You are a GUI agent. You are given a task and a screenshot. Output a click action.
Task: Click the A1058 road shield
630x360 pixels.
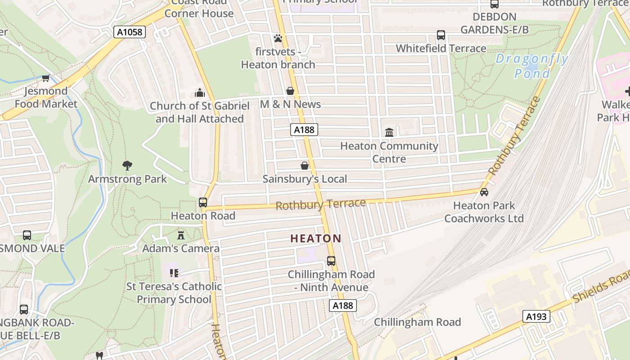point(130,32)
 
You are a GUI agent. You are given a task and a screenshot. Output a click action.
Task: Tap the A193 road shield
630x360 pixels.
point(536,316)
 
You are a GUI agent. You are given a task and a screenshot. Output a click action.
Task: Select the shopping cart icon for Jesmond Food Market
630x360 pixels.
point(45,78)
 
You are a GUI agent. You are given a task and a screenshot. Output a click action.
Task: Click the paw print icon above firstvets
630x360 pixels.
point(278,39)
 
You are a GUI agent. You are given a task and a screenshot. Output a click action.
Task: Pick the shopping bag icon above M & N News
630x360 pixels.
point(290,91)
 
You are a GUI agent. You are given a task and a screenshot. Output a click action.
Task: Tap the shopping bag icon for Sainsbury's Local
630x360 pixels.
point(305,166)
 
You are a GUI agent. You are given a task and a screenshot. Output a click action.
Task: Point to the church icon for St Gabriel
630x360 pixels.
point(199,93)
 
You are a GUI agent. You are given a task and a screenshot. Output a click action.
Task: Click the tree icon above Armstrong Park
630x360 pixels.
point(127,166)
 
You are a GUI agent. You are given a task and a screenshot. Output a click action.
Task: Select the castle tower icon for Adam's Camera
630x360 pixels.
point(181,235)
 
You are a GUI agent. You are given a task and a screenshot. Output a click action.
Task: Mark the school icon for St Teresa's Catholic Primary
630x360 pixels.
point(174,273)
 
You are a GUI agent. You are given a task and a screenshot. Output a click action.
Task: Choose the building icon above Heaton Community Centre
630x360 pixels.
point(389,133)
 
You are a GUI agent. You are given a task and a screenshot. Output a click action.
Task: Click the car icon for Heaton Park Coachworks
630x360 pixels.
point(484,192)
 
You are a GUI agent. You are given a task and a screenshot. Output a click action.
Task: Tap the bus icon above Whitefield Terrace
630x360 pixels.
point(441,35)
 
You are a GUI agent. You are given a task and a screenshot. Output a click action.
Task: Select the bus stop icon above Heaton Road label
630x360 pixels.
point(203,202)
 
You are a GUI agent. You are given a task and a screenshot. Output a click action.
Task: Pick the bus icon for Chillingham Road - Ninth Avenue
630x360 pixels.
point(331,261)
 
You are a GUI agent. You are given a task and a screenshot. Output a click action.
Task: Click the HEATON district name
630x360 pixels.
point(316,238)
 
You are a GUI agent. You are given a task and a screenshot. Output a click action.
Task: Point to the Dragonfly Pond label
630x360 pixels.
point(532,66)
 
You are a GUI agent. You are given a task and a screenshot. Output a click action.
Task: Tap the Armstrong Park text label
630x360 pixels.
point(127,179)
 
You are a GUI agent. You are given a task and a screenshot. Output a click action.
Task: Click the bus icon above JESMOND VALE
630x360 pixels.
point(27,235)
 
